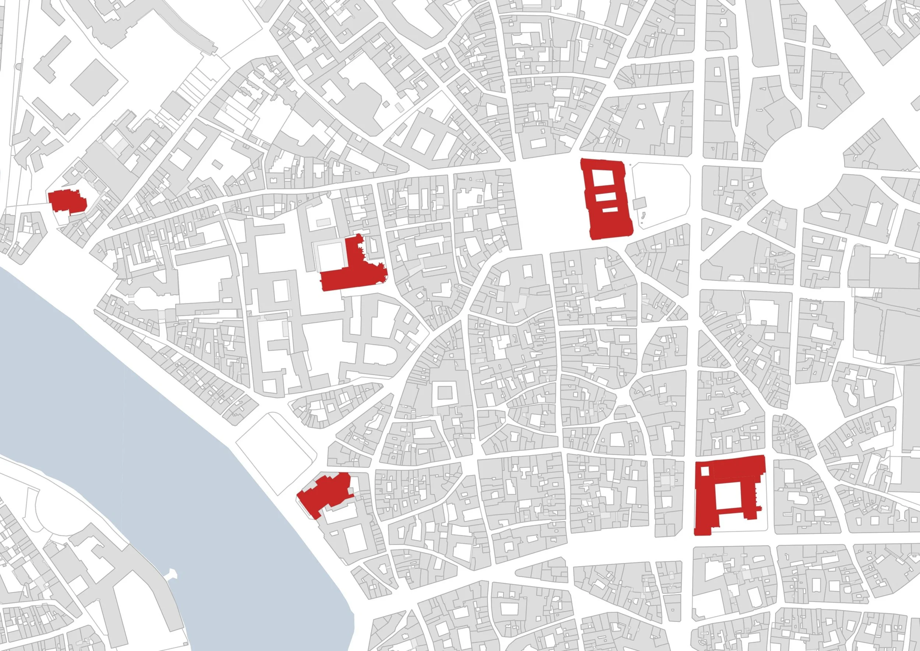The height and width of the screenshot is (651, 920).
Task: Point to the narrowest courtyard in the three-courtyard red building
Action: click(x=610, y=209)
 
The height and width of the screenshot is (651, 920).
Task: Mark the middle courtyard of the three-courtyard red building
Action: click(x=605, y=197)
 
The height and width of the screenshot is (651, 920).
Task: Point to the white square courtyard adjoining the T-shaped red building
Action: click(x=331, y=257)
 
